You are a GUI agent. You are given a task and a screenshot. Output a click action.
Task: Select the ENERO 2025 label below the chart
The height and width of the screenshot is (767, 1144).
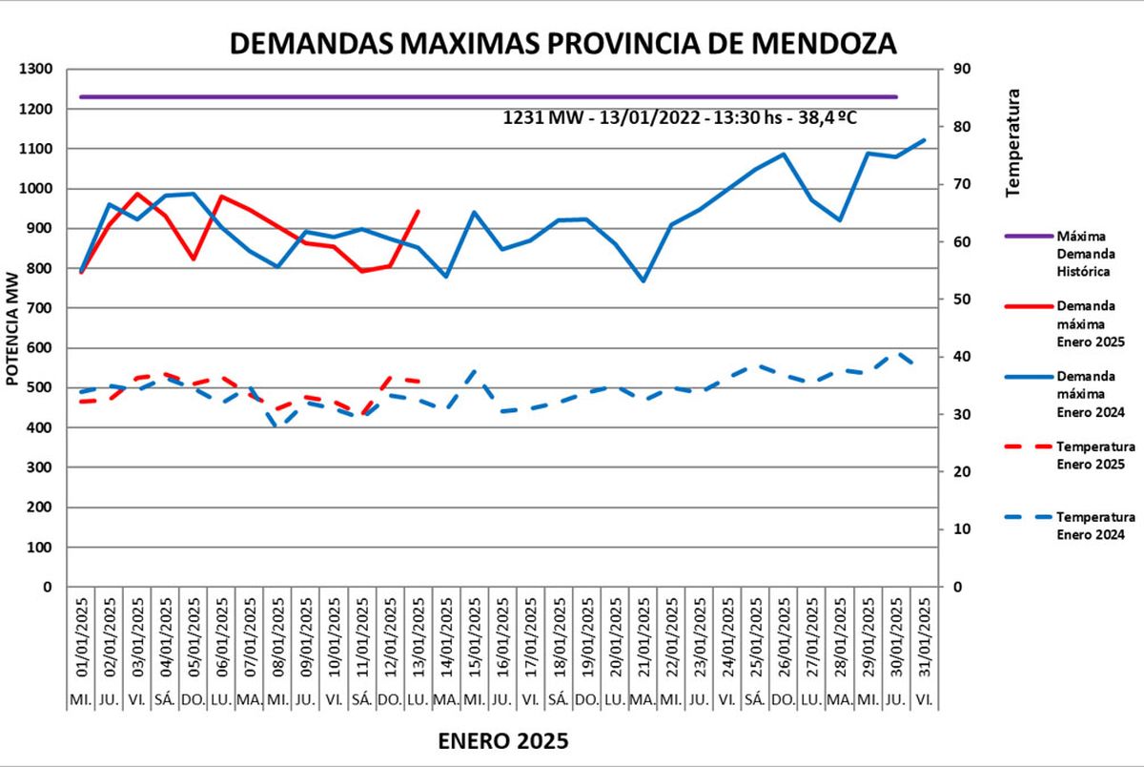(503, 741)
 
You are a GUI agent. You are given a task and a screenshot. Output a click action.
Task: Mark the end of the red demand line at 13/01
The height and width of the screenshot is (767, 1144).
(419, 212)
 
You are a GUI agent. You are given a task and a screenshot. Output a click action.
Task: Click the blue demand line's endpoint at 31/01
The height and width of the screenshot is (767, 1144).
(925, 140)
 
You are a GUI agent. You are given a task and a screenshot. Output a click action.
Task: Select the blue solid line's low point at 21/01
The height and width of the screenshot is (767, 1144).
(643, 280)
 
